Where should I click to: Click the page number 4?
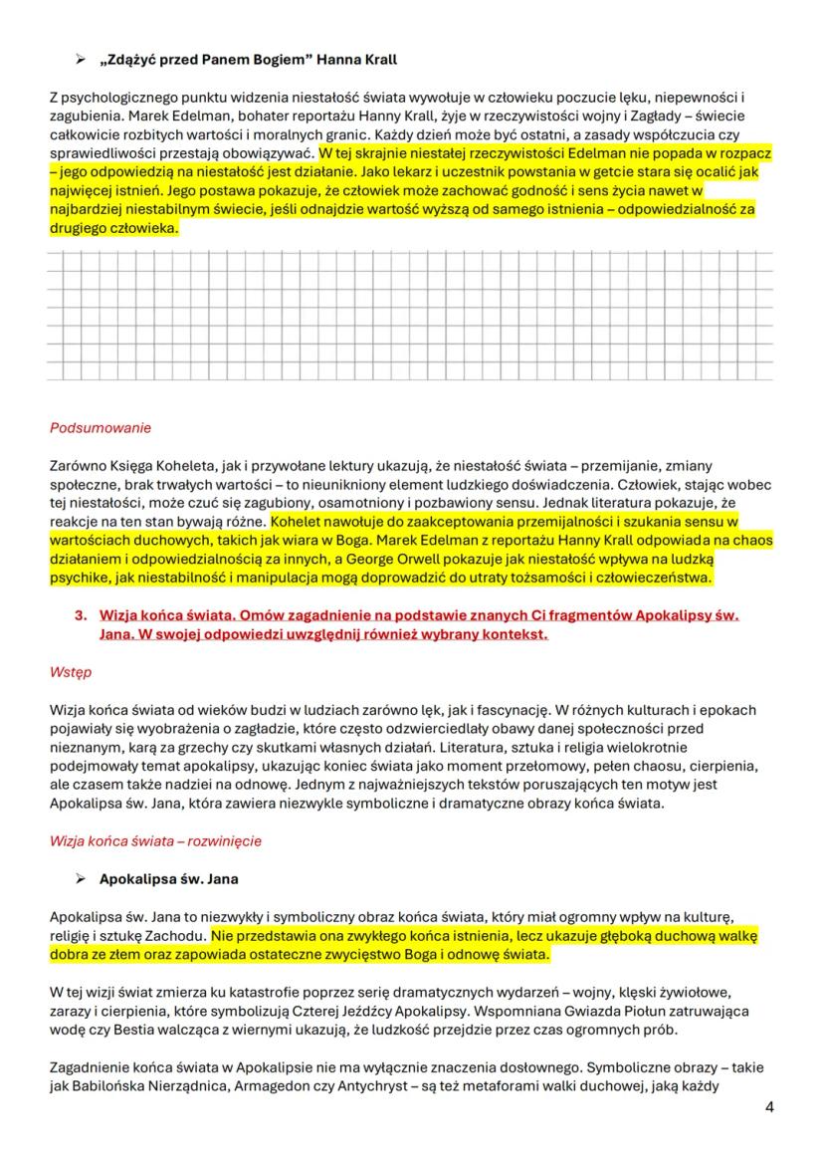point(769,1107)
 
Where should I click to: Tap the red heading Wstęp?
point(70,672)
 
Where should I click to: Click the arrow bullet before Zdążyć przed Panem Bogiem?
point(83,60)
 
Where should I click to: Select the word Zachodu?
point(181,936)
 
